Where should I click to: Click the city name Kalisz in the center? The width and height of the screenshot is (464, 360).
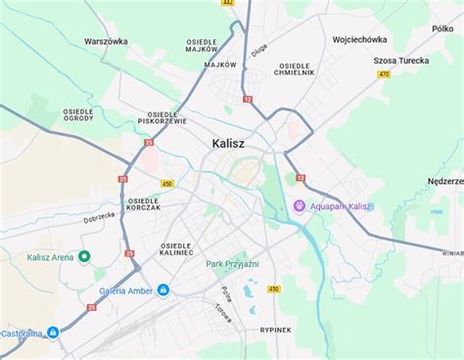pyautogui.click(x=229, y=143)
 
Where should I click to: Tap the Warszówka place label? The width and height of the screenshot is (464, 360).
pyautogui.click(x=106, y=42)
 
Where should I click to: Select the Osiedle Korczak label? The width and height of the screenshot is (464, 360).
pyautogui.click(x=144, y=203)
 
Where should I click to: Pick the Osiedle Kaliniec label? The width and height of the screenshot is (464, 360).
pyautogui.click(x=176, y=248)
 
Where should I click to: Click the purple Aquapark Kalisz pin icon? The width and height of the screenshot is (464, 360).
pyautogui.click(x=300, y=205)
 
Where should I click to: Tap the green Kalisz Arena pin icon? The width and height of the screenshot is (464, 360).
pyautogui.click(x=84, y=256)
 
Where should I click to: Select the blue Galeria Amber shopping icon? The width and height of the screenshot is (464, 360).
pyautogui.click(x=163, y=290)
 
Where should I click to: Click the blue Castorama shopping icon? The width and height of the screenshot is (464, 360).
pyautogui.click(x=53, y=333)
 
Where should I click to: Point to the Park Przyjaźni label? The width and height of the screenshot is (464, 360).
pyautogui.click(x=231, y=264)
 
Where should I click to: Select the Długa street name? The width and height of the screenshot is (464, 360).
pyautogui.click(x=258, y=47)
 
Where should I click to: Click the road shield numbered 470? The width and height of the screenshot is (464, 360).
pyautogui.click(x=384, y=74)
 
